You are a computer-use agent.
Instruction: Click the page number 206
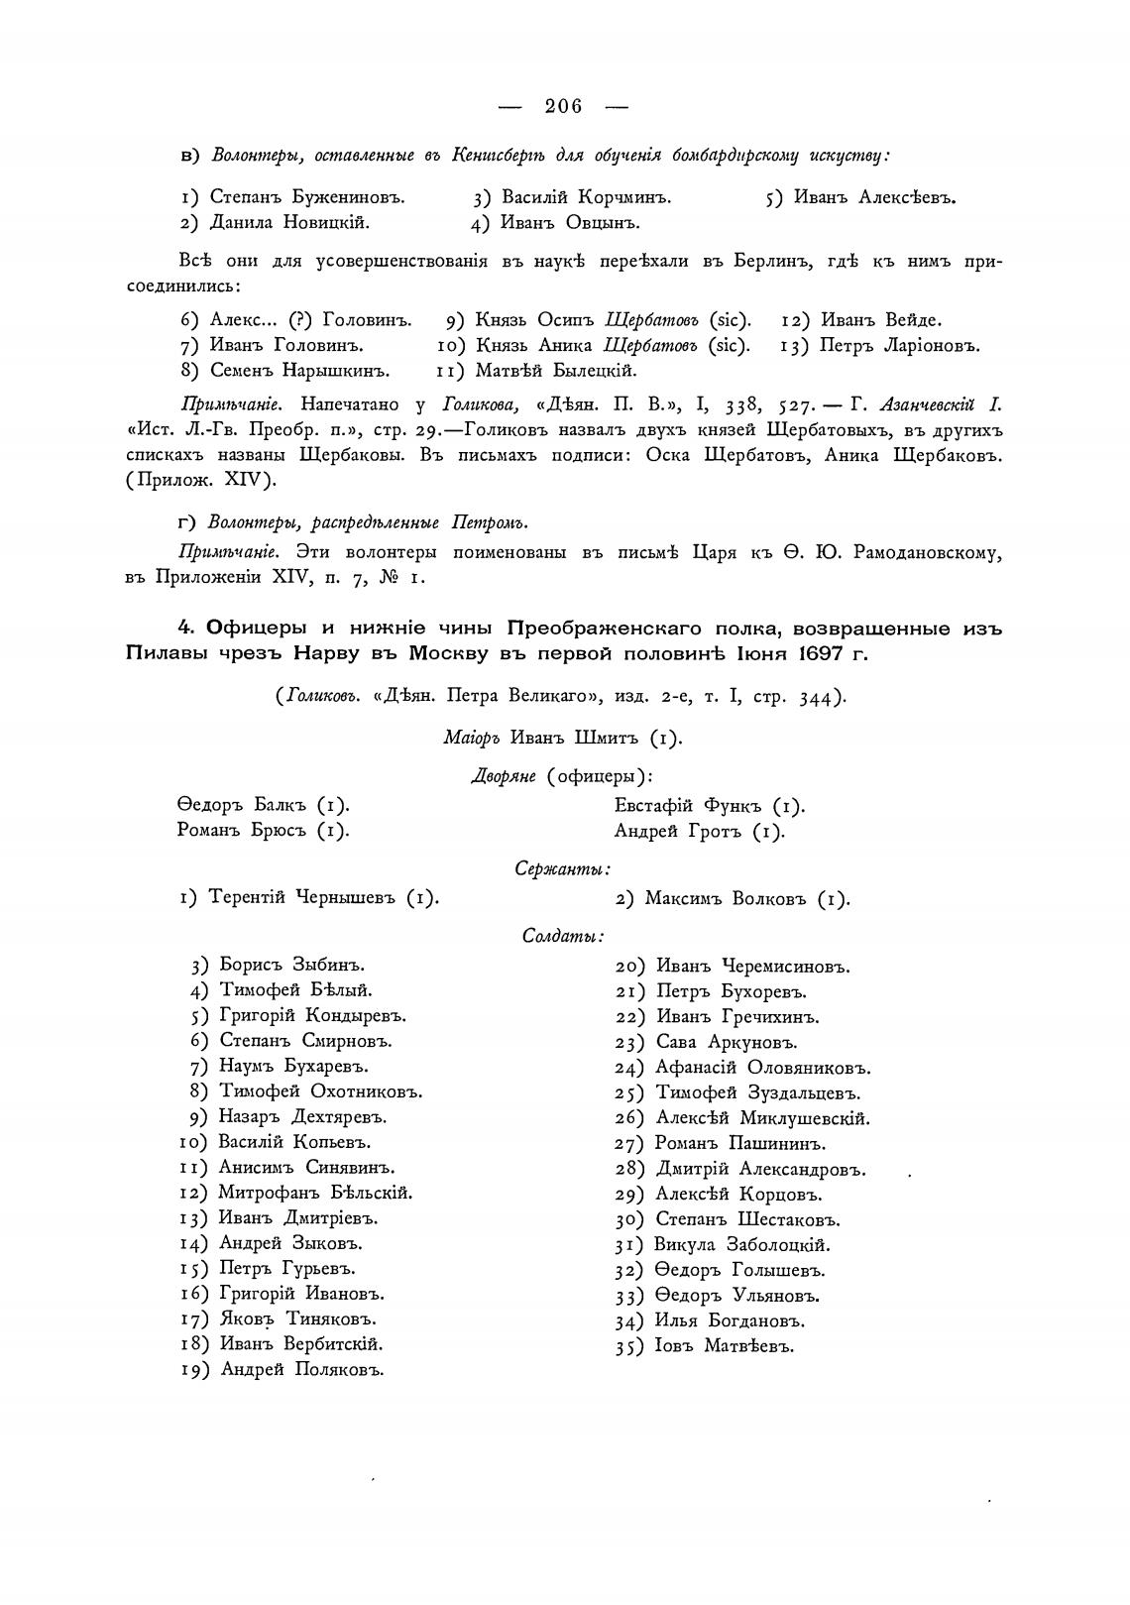coord(563,106)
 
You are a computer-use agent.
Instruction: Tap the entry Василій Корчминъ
coord(586,197)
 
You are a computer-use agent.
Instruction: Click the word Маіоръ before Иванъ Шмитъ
coord(474,738)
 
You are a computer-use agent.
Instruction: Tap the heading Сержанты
coord(562,868)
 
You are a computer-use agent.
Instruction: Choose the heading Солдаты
coord(562,935)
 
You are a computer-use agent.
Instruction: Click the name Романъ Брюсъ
coord(263,831)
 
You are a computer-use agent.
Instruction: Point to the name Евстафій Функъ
coord(709,806)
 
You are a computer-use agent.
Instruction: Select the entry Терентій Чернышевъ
coord(323,898)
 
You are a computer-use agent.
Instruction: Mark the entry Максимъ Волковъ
coord(746,899)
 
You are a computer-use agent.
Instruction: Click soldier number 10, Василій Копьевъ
coord(280,1142)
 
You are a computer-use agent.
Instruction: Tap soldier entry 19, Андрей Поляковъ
coord(301,1370)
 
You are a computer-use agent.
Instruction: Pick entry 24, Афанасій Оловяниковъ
coord(761,1068)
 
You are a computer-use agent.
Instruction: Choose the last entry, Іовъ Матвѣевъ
coord(724,1346)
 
